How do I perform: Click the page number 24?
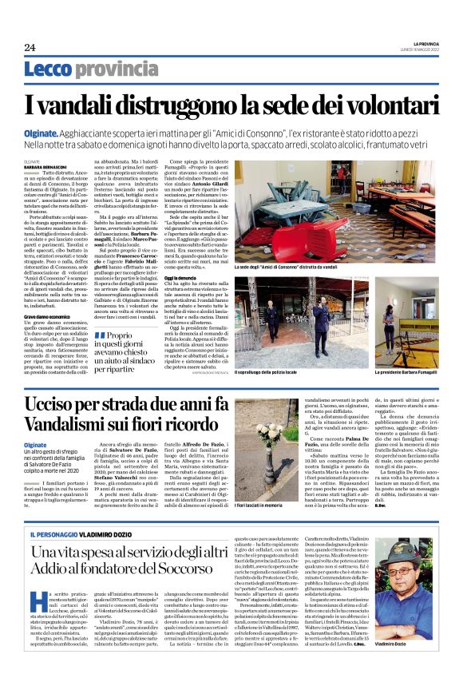tap(30, 47)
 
